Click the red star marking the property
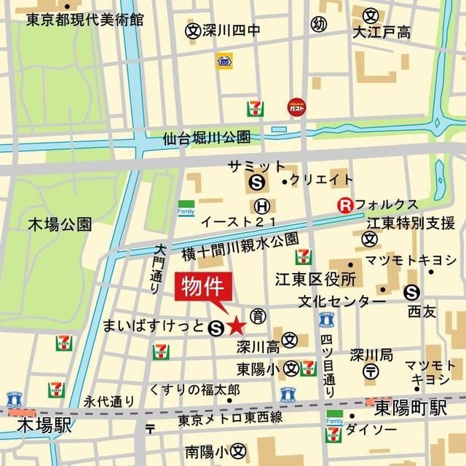coord(236,326)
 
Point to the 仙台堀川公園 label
coord(207,137)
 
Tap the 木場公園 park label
coord(60,223)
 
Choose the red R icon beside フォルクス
coord(344,206)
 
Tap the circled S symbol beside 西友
coord(412,292)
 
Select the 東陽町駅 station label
coord(411,409)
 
